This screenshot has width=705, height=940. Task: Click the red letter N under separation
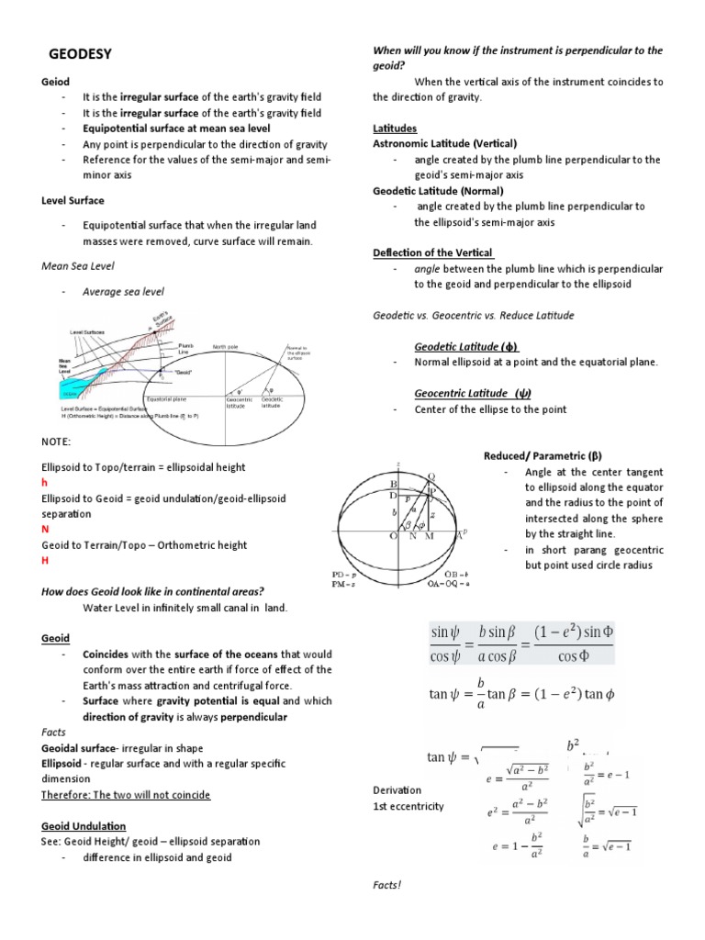pos(45,530)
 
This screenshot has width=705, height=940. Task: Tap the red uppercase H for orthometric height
pos(45,561)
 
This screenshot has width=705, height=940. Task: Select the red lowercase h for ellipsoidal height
pos(45,482)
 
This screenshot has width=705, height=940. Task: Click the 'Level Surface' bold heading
pos(73,200)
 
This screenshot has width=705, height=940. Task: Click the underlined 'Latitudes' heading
pos(395,128)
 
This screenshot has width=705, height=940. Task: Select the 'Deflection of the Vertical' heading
pos(433,252)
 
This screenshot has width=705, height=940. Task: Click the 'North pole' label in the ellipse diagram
pos(227,347)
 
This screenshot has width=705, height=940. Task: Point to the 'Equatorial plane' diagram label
pos(167,399)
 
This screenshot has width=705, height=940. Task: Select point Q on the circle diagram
pos(432,475)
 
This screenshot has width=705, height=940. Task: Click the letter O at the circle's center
pos(395,535)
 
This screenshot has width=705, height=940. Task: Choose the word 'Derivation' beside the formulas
pos(397,789)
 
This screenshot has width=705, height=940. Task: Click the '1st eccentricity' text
pos(408,806)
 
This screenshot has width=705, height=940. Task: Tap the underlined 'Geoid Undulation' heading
pos(84,826)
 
